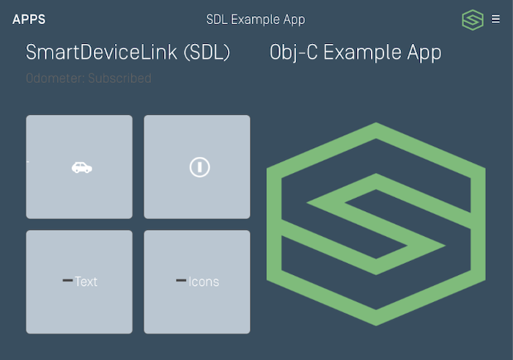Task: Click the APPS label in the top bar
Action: [29, 20]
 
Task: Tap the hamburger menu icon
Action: [496, 20]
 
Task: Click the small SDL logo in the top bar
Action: [473, 20]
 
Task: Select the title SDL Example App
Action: [256, 20]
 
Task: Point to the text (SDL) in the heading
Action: [207, 53]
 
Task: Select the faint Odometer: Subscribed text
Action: [89, 78]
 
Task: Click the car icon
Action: [81, 167]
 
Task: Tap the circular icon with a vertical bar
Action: [199, 167]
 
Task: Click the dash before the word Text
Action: [67, 281]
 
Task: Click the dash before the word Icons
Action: [181, 281]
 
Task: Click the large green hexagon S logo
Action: [375, 224]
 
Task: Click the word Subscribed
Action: [119, 78]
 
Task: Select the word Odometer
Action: [55, 78]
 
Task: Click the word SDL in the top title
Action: [217, 20]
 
